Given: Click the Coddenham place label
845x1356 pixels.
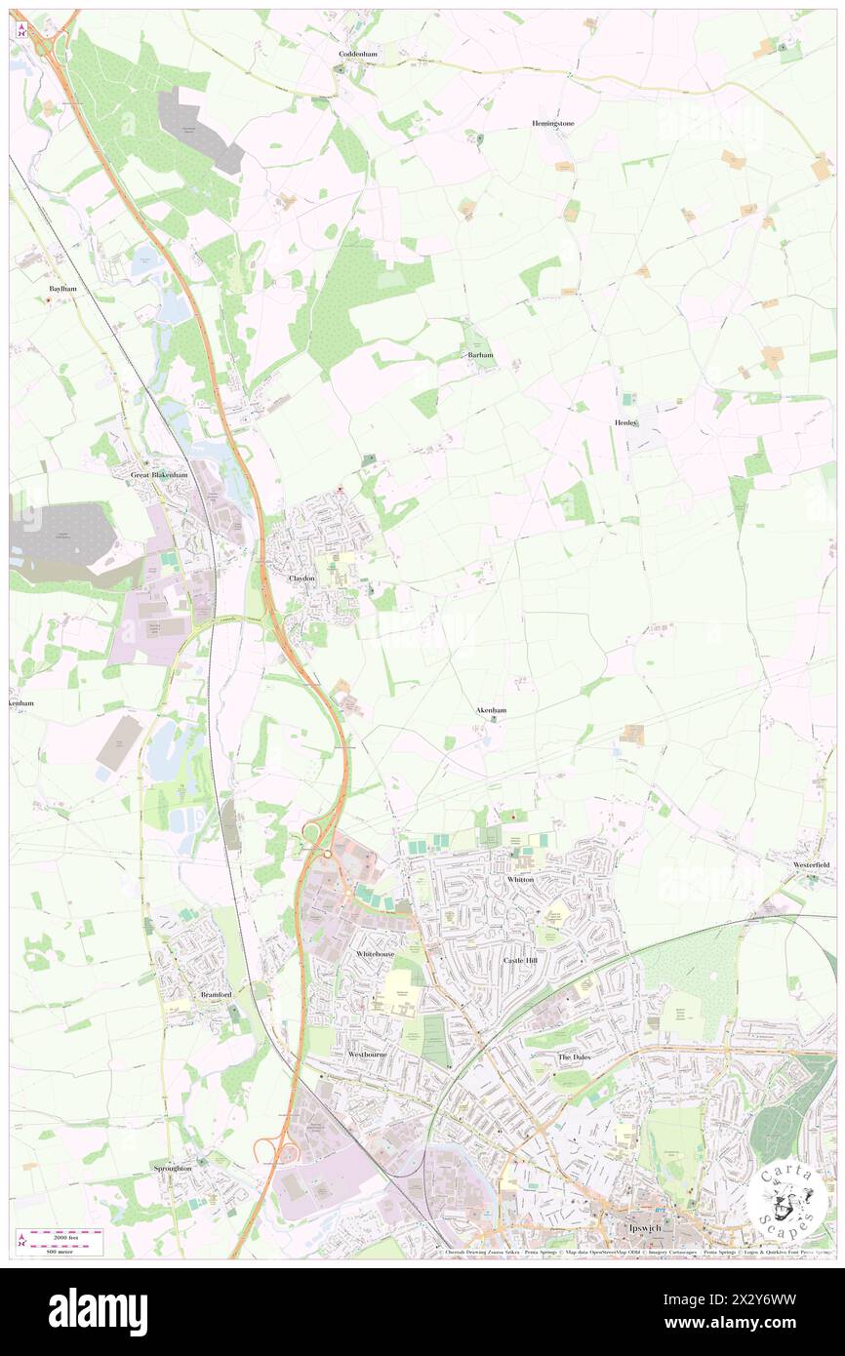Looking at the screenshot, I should coord(357,54).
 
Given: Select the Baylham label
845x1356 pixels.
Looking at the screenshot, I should coord(62,290).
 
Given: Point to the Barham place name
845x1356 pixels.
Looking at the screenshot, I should coord(481,355).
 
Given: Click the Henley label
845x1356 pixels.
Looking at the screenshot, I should coord(625,422).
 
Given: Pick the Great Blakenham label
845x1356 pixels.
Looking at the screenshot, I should coord(159,474).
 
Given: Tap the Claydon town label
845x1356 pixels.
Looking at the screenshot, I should coord(302,578).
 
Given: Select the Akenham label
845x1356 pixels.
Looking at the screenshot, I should coord(490,712).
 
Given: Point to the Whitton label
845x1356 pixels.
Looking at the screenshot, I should coord(520,879).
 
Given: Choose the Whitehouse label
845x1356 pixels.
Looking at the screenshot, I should coord(375,953).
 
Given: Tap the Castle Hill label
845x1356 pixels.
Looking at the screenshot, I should coord(520,961).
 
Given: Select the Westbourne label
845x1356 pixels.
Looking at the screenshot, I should coord(368,1055).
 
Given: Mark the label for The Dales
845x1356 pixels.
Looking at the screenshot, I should coord(575,1057).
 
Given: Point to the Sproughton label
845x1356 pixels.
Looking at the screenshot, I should coord(173,1168).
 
